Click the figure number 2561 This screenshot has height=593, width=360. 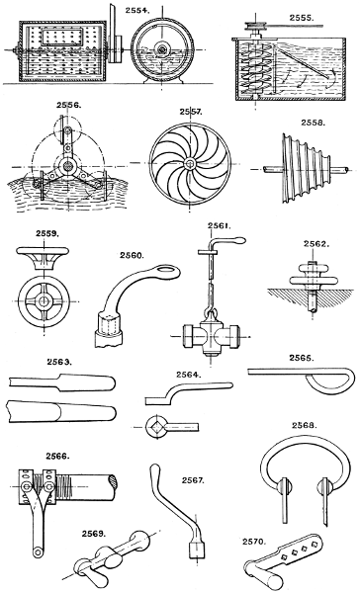coord(219,225)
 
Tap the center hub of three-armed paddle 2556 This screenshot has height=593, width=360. coord(66,165)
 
